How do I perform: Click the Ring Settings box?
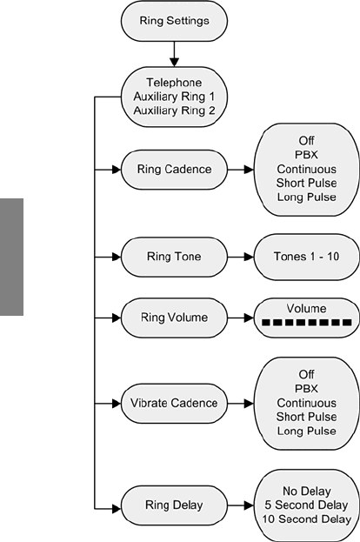[174, 21]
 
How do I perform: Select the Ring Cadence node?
[174, 170]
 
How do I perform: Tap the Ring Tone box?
[174, 257]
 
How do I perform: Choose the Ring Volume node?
[174, 318]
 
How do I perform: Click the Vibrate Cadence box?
[174, 403]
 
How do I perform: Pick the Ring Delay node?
[174, 505]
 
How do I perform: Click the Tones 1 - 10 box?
[306, 257]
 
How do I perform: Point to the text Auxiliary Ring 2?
[174, 110]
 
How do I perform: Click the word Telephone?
[174, 83]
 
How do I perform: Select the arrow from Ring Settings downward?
[174, 54]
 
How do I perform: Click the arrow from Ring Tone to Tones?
[241, 257]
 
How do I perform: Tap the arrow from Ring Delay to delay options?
[241, 505]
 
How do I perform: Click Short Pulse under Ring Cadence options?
[306, 183]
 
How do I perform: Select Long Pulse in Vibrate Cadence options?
[306, 431]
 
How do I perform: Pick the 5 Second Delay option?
[306, 505]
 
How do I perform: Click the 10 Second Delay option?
[306, 519]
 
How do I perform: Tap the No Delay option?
[306, 491]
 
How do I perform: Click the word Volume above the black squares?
[306, 308]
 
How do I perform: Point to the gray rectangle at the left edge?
[11, 257]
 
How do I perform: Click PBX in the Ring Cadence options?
[306, 155]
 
